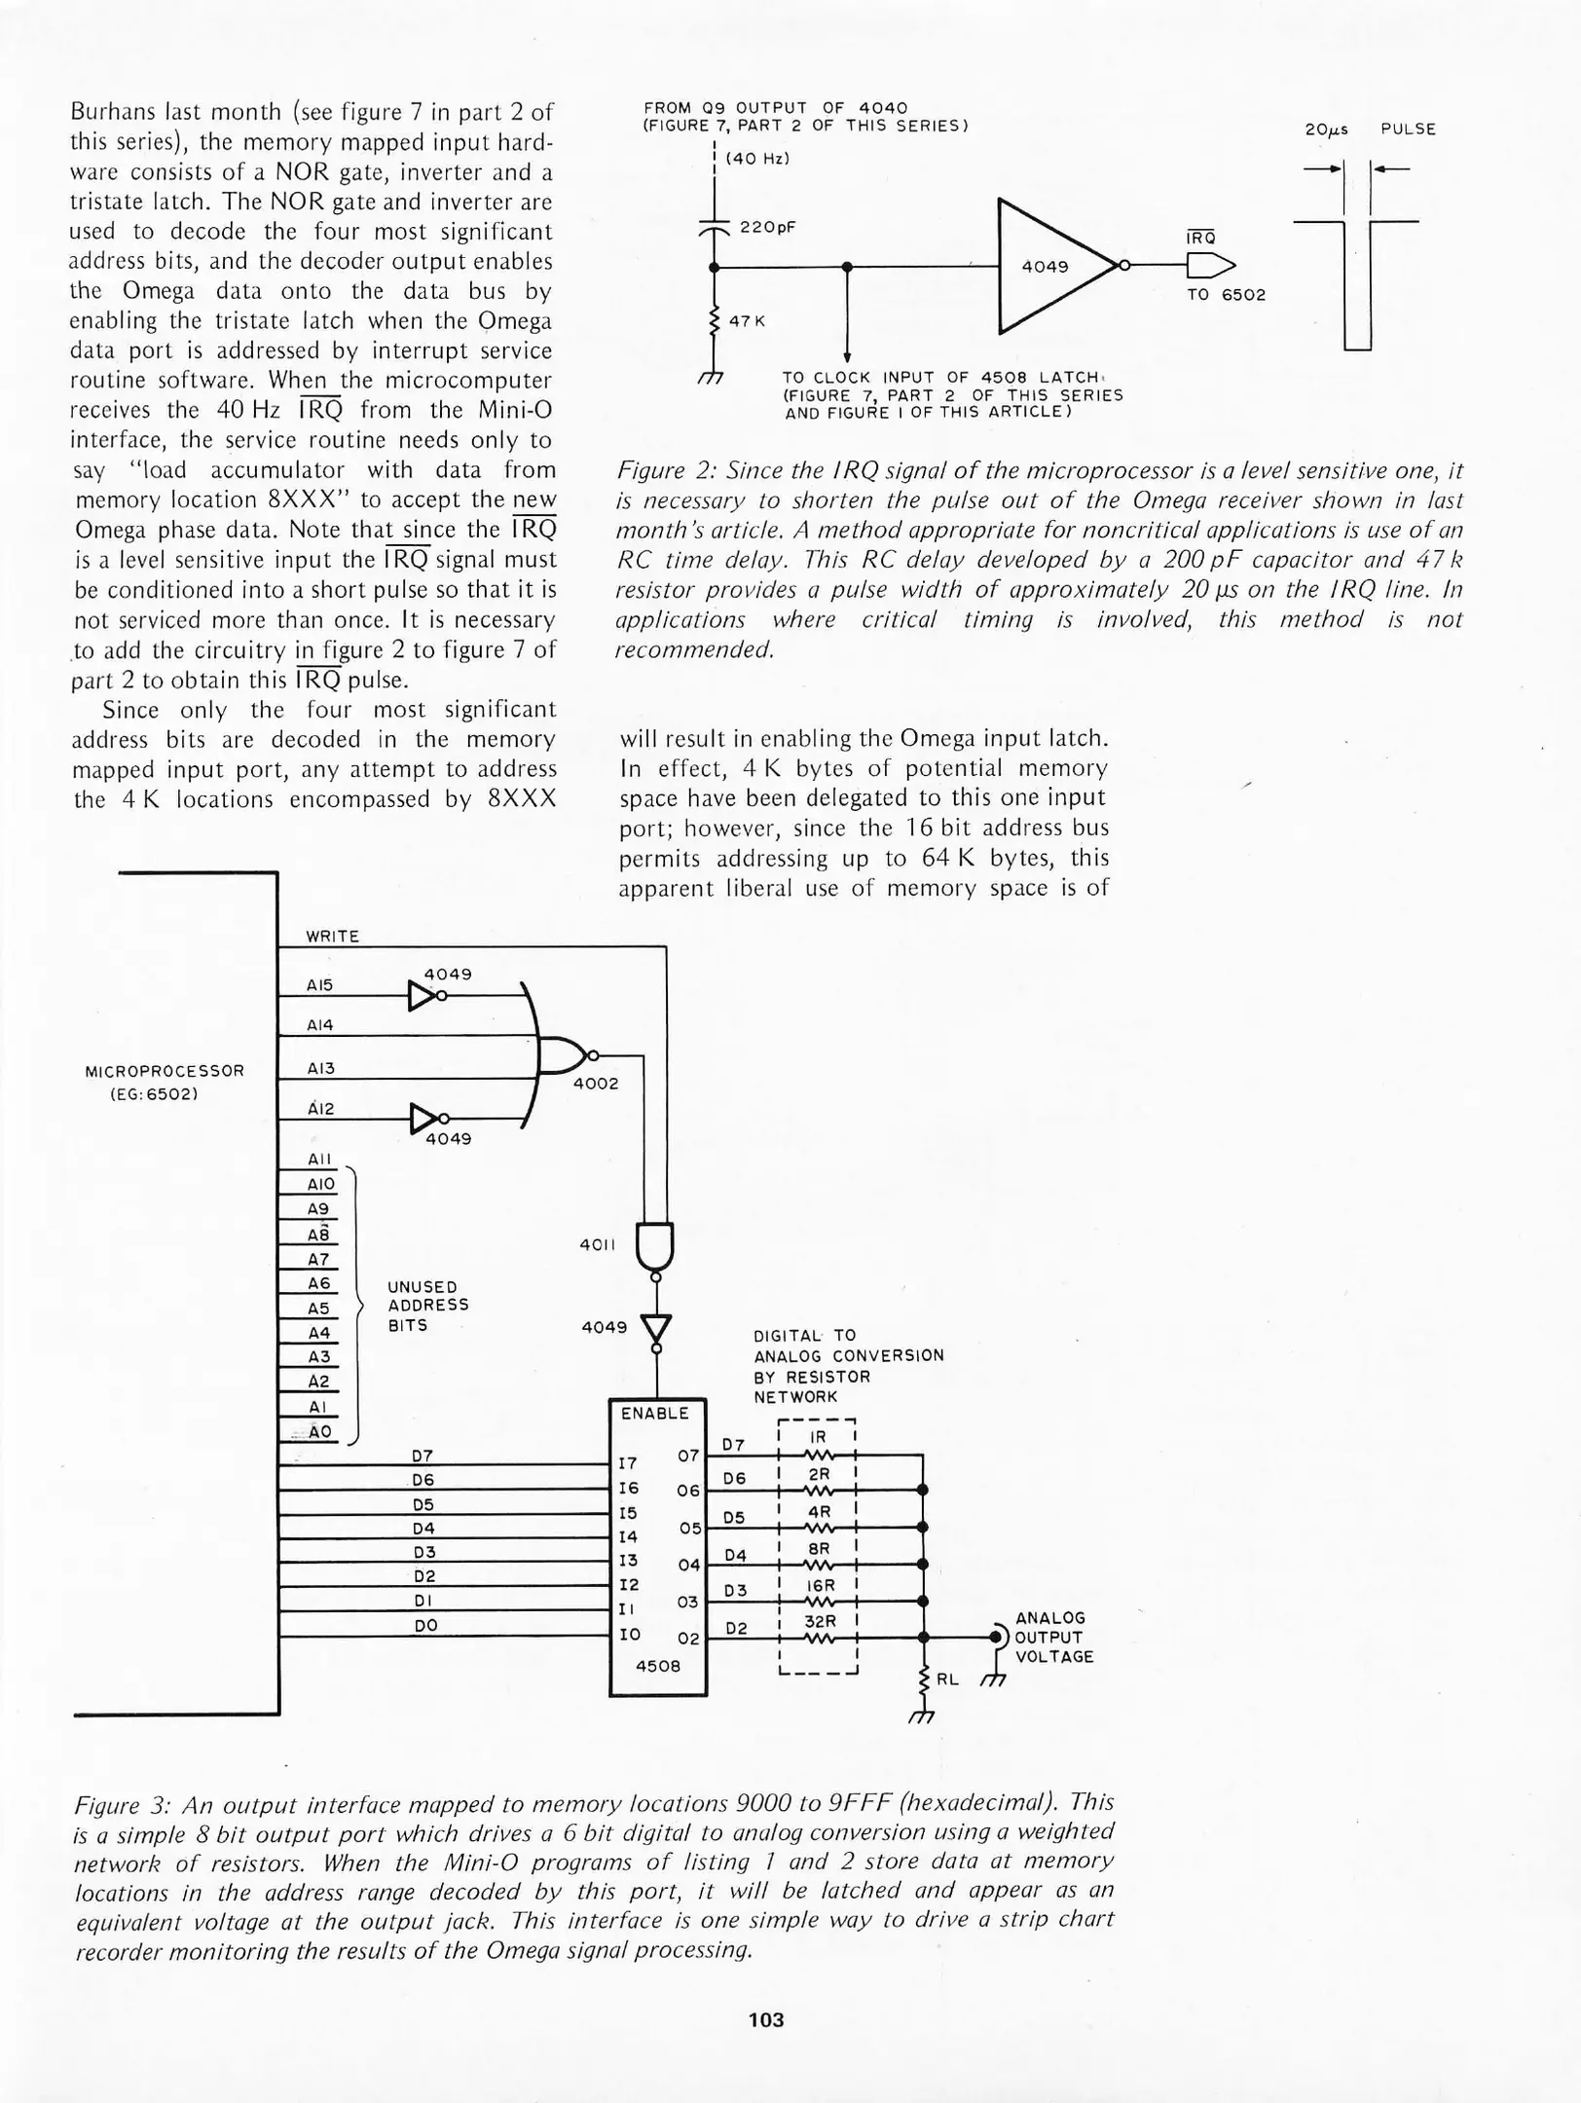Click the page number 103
(766, 2020)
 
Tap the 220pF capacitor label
(768, 227)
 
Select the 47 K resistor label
(747, 320)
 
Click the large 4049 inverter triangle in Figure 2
(1046, 266)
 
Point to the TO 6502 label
(1226, 295)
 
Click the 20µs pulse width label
(1326, 129)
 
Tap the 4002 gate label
(596, 1084)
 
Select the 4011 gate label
(597, 1244)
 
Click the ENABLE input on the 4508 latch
(654, 1413)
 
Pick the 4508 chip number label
(657, 1666)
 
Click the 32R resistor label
(820, 1622)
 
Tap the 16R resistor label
(820, 1585)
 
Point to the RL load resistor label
(947, 1679)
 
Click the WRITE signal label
(333, 937)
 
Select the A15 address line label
(319, 985)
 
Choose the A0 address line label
(320, 1432)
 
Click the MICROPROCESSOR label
(165, 1071)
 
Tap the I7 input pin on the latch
(628, 1463)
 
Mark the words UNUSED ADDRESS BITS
(427, 1306)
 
